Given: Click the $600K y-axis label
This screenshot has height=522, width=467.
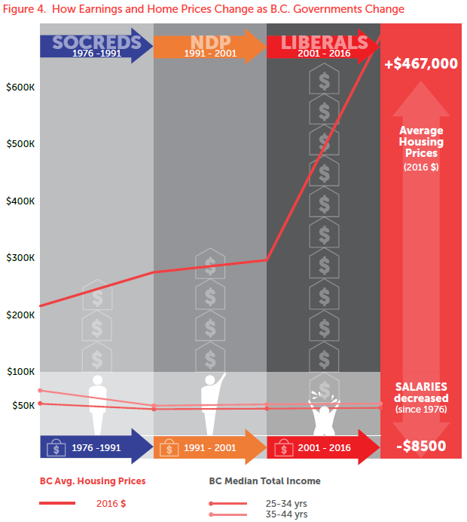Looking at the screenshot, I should (x=20, y=88).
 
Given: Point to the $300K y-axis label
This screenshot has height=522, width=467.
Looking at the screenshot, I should (x=20, y=258).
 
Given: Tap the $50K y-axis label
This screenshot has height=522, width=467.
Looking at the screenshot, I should (x=23, y=406).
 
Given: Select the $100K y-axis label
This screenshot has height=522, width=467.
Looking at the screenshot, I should (x=20, y=372).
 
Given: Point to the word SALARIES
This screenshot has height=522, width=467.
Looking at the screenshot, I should (x=421, y=387).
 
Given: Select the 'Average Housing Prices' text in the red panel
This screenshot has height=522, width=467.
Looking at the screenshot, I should (x=421, y=142).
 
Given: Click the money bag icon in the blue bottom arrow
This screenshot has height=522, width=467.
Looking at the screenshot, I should (x=56, y=447).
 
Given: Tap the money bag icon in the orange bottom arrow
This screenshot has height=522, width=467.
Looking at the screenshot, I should (x=170, y=448).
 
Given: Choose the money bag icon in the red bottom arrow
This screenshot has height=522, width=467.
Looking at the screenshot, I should (x=283, y=448).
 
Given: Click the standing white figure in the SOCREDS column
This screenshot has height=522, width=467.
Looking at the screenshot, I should (x=97, y=403).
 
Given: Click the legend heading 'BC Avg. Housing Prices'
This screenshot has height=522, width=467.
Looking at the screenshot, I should (x=93, y=481).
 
